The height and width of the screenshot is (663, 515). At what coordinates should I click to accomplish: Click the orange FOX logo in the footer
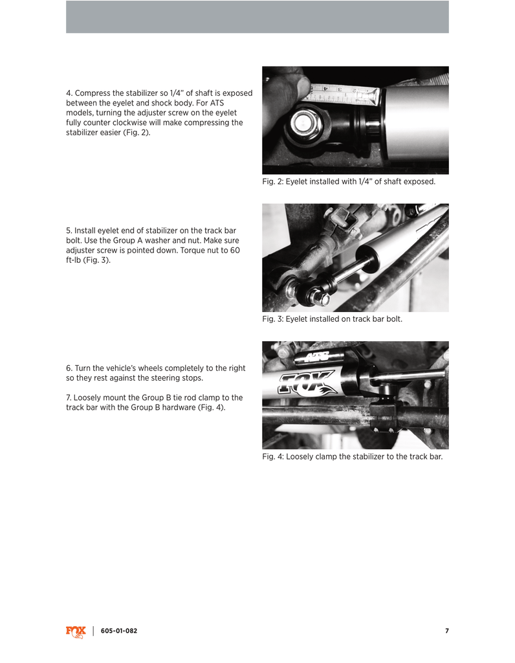pyautogui.click(x=76, y=631)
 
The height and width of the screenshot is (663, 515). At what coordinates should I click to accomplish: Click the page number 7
pyautogui.click(x=446, y=631)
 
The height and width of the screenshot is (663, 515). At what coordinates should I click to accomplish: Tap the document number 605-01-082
pyautogui.click(x=119, y=631)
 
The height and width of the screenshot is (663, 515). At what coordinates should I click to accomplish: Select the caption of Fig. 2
pyautogui.click(x=349, y=182)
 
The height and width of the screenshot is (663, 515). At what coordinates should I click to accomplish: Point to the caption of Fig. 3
pyautogui.click(x=332, y=319)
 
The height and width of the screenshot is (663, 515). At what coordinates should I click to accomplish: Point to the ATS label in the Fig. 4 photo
pyautogui.click(x=312, y=357)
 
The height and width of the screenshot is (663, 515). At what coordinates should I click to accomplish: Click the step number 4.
pyautogui.click(x=69, y=93)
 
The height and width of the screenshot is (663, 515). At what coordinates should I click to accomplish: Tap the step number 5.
pyautogui.click(x=69, y=230)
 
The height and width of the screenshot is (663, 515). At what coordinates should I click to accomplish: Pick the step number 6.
pyautogui.click(x=69, y=368)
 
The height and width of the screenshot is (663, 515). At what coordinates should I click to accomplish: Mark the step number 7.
pyautogui.click(x=69, y=398)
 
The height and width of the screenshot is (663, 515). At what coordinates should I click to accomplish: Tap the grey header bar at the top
pyautogui.click(x=257, y=17)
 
